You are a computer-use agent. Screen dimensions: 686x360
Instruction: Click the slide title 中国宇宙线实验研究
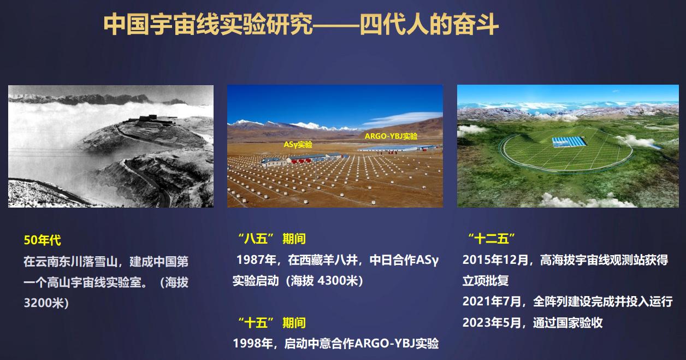click(208, 25)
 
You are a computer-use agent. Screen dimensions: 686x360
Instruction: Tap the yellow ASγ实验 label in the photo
click(298, 144)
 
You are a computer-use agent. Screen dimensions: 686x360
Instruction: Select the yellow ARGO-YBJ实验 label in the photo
click(391, 136)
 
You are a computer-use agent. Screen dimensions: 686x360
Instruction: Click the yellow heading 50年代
click(42, 240)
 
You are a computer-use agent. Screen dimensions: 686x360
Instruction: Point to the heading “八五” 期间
click(272, 239)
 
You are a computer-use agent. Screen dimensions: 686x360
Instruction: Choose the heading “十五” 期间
click(272, 323)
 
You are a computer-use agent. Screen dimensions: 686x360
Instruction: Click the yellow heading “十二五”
click(491, 239)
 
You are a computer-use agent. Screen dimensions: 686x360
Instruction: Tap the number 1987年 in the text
click(256, 260)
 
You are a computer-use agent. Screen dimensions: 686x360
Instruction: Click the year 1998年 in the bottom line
click(253, 344)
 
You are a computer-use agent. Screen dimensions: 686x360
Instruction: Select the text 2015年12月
click(495, 260)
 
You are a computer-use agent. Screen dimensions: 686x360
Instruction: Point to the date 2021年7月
click(491, 302)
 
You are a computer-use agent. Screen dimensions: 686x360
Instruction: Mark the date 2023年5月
click(491, 323)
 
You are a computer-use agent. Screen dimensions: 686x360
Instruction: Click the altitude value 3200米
click(43, 303)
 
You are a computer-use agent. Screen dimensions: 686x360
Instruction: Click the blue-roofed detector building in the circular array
click(569, 141)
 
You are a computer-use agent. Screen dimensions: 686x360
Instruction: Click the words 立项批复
click(486, 281)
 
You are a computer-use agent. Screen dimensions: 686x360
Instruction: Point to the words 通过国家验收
click(568, 323)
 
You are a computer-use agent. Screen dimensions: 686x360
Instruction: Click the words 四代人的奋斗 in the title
click(429, 25)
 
